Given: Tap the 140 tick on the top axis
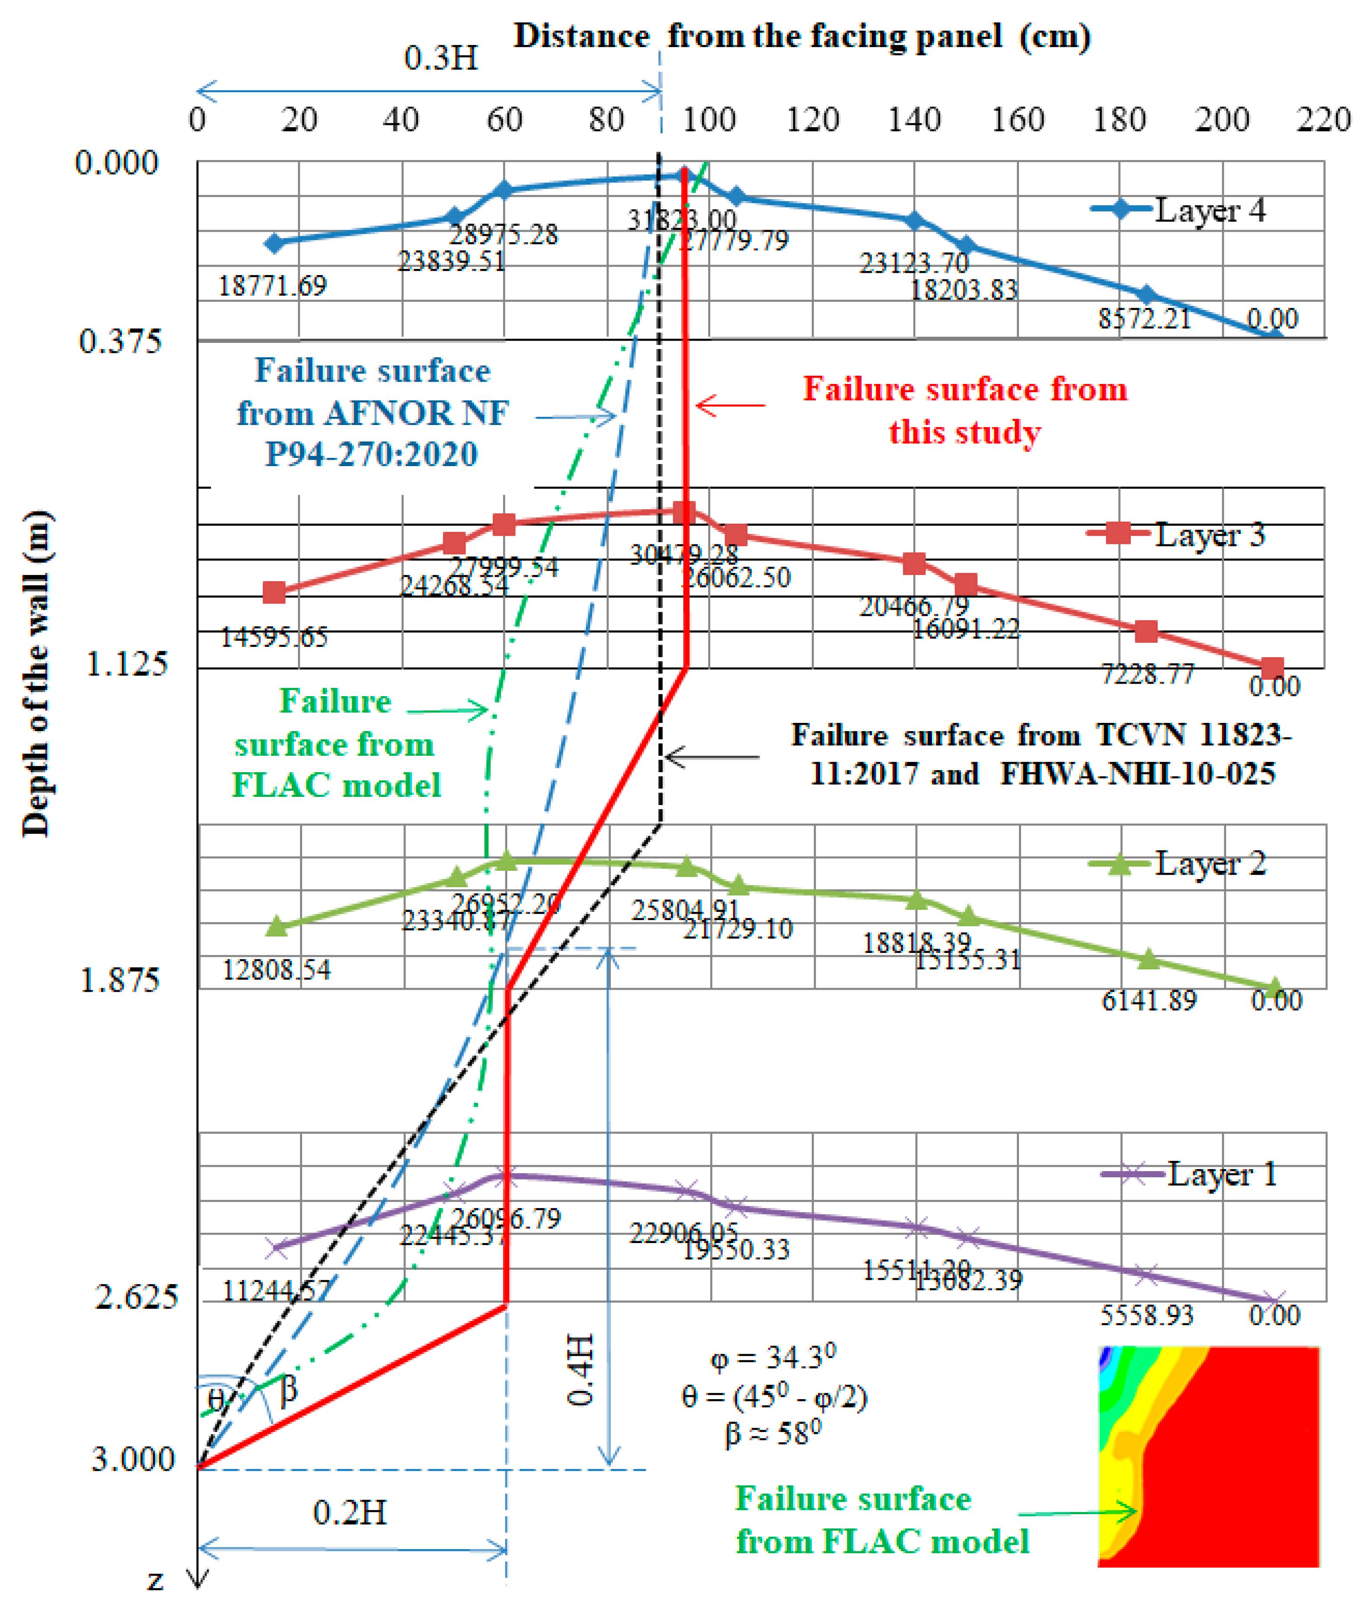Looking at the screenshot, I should pos(914,120).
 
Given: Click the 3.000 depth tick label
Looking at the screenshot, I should pos(133,1459).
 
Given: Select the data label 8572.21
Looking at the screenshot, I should pos(1144,318).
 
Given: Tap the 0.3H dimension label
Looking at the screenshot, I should pos(441,58).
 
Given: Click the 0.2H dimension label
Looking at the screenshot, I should pos(349,1512).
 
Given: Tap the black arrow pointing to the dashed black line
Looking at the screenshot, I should pos(711,757).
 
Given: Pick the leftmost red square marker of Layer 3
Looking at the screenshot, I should pos(274,593).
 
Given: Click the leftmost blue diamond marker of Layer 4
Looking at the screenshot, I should pos(274,243).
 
